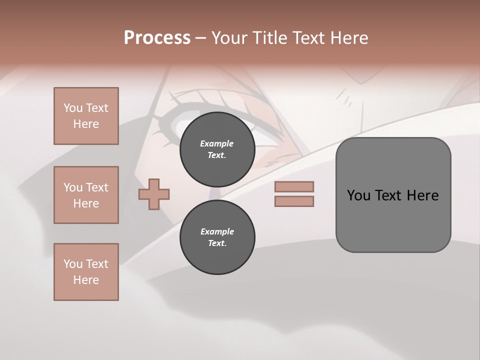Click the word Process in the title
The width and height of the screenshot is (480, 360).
click(x=157, y=38)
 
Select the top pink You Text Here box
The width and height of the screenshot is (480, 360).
click(x=86, y=116)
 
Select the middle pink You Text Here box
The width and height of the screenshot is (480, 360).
click(x=86, y=195)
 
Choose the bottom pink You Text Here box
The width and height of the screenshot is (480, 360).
click(x=86, y=272)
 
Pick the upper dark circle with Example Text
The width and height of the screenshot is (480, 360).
click(x=217, y=149)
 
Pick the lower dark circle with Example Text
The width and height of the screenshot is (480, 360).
click(x=217, y=237)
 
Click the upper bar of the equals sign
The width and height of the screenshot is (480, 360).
click(x=294, y=187)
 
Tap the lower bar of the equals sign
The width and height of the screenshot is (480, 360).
click(x=294, y=201)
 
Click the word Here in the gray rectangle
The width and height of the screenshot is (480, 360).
click(x=422, y=195)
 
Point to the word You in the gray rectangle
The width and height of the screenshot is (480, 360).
click(x=358, y=195)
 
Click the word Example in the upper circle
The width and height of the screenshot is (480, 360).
click(x=217, y=143)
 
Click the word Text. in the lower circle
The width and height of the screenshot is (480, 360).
click(x=217, y=243)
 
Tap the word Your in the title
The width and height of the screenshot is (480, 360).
click(x=228, y=38)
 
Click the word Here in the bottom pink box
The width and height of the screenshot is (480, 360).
click(x=86, y=280)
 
